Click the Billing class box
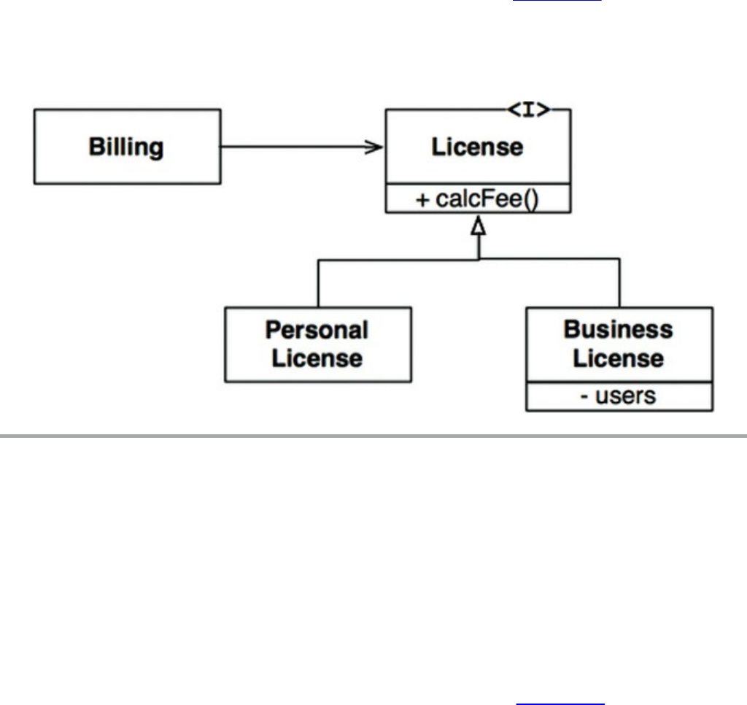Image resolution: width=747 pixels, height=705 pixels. (x=127, y=147)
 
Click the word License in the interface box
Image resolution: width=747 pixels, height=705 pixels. (x=477, y=147)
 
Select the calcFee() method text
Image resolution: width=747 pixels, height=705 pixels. (x=477, y=199)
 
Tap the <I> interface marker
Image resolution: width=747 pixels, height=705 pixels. (x=529, y=109)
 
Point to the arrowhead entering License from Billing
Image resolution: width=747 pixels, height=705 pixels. (x=376, y=147)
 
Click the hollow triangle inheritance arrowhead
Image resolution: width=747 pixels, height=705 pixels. (x=478, y=227)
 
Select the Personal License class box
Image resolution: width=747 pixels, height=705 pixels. (x=318, y=344)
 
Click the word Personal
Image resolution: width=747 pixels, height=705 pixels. (x=317, y=331)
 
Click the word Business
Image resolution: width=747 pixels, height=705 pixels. (x=618, y=329)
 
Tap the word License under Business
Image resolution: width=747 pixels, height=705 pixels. (x=618, y=358)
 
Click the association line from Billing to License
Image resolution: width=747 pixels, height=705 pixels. (x=299, y=147)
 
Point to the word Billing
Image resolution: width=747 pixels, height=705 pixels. (x=126, y=147)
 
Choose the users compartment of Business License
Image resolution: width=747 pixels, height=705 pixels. (x=619, y=396)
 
